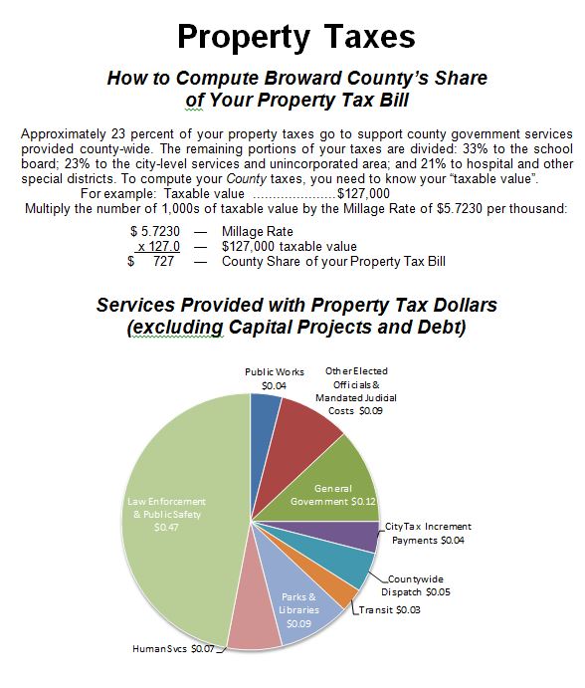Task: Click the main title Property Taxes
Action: pos(295,37)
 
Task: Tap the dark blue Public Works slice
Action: pos(265,418)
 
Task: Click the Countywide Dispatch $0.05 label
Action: pos(418,585)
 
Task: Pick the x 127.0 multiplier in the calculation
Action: pos(158,246)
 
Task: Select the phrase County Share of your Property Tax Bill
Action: pos(333,261)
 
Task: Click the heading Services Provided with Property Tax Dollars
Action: pos(295,304)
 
